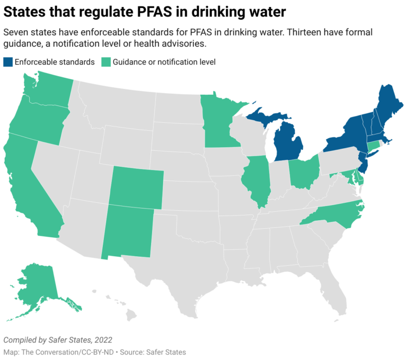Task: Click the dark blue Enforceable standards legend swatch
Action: point(7,62)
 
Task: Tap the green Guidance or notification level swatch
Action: point(106,62)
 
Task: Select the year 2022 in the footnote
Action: point(102,339)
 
